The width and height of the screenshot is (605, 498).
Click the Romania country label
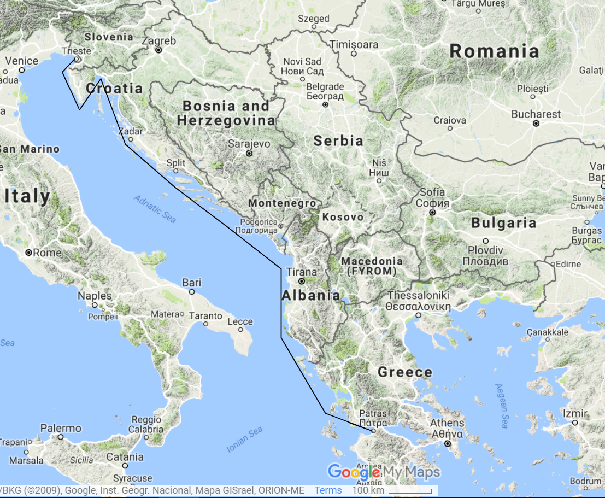494,52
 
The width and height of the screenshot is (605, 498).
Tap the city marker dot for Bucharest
536,124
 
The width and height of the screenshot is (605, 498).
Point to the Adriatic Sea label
156,209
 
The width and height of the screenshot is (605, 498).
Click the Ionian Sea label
244,440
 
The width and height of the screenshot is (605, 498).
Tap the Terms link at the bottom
328,490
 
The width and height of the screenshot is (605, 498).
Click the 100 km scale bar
413,490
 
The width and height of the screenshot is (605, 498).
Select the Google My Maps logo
383,471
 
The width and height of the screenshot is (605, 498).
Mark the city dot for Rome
29,253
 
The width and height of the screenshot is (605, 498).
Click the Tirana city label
302,272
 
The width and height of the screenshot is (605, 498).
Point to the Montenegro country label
282,203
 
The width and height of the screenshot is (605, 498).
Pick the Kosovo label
343,217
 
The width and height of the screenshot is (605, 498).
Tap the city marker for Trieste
77,59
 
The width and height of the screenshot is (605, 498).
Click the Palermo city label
61,428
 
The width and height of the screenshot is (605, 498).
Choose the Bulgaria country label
503,223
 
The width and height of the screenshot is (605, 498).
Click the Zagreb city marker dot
158,50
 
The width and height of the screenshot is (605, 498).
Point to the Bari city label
192,283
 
